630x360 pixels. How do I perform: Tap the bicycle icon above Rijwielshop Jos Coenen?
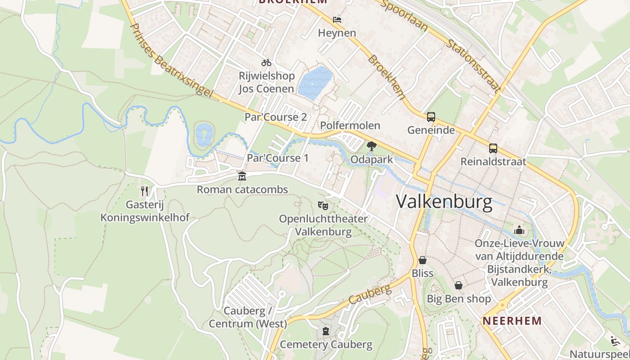pos(266,63)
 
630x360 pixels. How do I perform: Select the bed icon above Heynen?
pos(337,20)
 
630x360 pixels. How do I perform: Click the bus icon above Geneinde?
pos(431,117)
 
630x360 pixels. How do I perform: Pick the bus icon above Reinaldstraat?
pos(493,148)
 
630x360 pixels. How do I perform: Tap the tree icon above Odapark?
pos(371,146)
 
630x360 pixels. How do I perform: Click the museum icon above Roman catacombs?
pos(242,176)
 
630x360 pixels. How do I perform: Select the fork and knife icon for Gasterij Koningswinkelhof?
pos(144,191)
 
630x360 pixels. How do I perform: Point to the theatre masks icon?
pos(323,206)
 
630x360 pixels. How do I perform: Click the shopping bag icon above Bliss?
pos(423,260)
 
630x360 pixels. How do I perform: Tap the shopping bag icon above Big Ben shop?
pos(459,285)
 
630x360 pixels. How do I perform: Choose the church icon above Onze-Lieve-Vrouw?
pos(519,230)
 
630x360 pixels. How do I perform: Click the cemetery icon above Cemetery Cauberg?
pos(326,332)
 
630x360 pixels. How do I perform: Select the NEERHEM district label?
pos(512,321)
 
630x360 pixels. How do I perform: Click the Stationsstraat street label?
pos(474,66)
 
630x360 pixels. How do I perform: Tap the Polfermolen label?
pos(350,125)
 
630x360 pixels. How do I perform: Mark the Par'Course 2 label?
pos(275,117)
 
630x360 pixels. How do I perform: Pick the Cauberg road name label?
pos(370,294)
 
